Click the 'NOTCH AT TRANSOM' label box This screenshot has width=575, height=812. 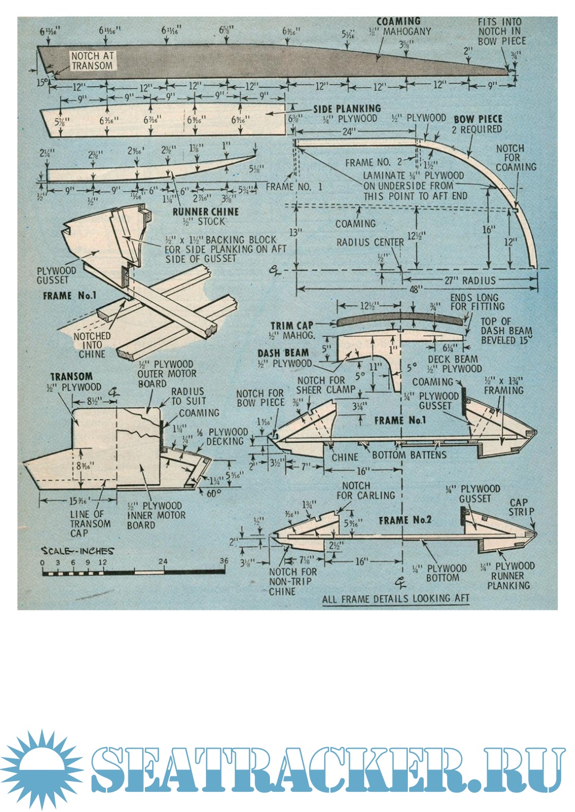[93, 61]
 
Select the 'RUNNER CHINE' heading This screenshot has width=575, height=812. [206, 211]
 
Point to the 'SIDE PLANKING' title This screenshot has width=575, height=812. [347, 109]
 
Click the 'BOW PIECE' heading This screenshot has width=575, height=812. [478, 119]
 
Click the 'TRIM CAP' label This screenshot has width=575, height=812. [292, 326]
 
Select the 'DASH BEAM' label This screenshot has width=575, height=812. [283, 353]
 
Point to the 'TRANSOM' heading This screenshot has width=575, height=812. [71, 376]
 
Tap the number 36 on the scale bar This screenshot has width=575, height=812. [224, 561]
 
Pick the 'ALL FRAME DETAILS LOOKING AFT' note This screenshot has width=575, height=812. [396, 598]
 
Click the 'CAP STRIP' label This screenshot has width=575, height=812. [521, 507]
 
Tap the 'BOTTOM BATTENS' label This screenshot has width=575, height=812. [409, 455]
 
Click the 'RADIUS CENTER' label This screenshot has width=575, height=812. [370, 242]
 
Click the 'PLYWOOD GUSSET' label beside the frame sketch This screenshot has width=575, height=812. [56, 275]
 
